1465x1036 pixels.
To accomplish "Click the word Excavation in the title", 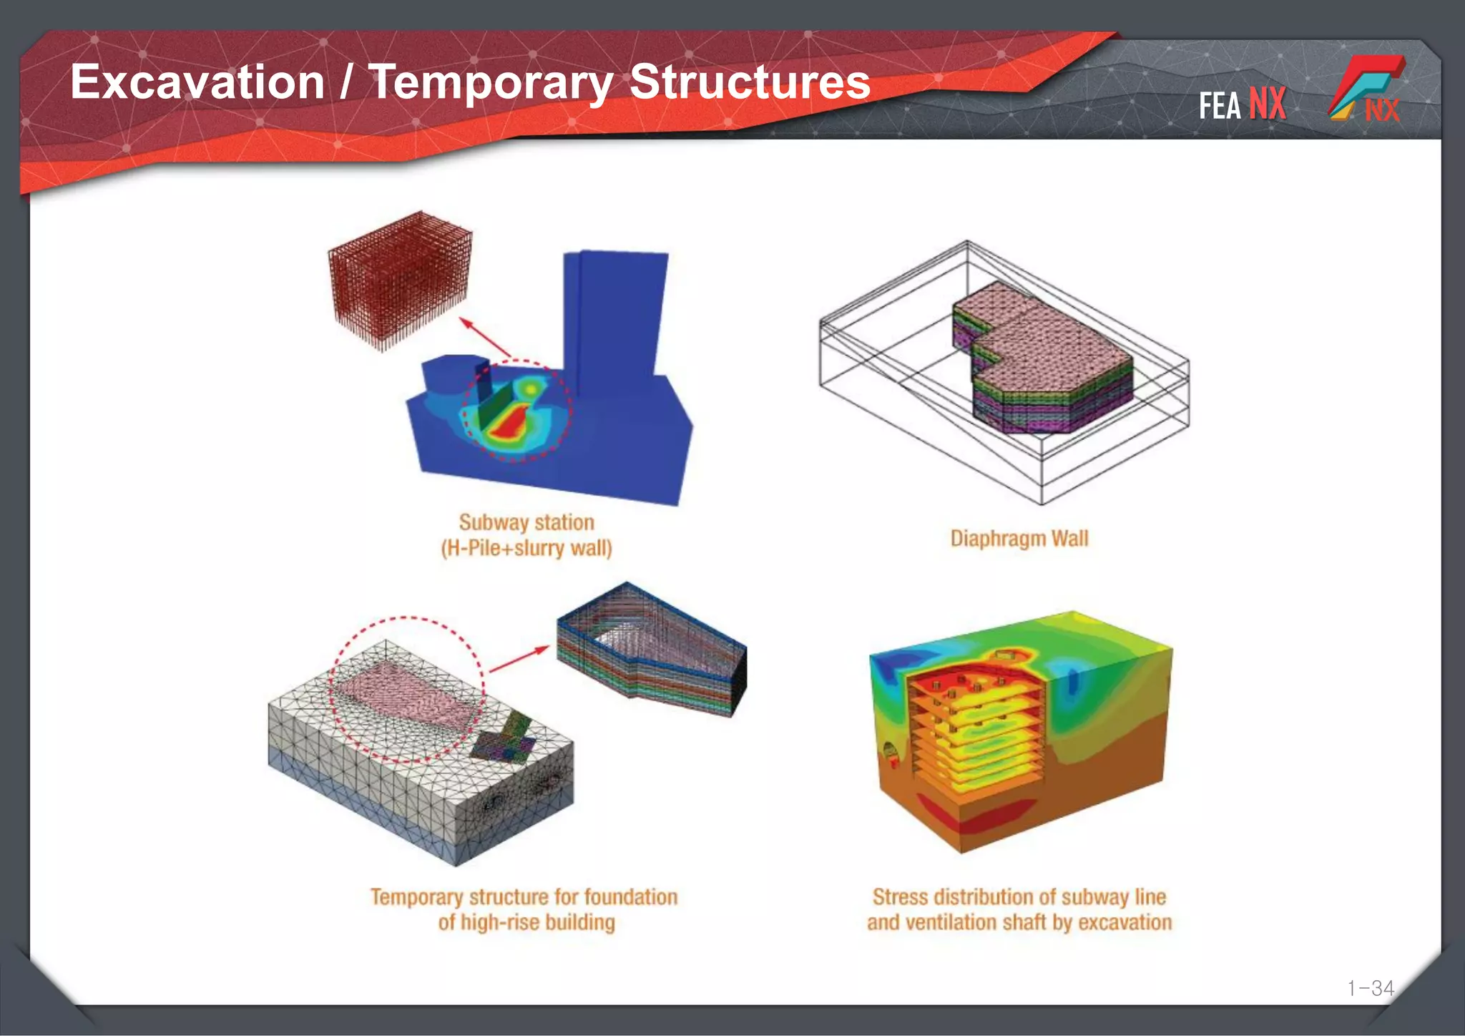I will (x=197, y=82).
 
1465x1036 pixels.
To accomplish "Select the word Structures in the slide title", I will (x=750, y=82).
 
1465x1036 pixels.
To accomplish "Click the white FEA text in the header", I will (x=1220, y=107).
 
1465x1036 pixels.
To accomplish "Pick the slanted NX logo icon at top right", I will (x=1366, y=89).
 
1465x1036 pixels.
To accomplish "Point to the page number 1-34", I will (x=1370, y=988).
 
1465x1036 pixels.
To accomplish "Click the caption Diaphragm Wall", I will (x=1019, y=539).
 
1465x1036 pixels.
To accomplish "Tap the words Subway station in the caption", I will (x=526, y=522).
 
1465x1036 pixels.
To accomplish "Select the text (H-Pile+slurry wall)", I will (x=526, y=549).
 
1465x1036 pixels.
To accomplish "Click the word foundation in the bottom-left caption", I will (x=630, y=897).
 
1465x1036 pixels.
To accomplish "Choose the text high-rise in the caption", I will (x=500, y=922).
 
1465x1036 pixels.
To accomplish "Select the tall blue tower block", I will (x=615, y=315).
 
